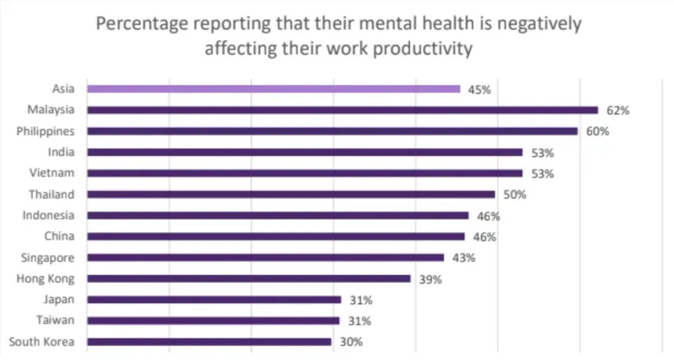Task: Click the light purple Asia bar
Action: coord(273,89)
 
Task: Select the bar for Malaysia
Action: coord(342,110)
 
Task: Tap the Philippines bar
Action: coord(332,131)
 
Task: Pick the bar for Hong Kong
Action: coord(249,279)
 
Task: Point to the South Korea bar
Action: coord(209,342)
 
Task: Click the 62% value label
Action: coord(618,111)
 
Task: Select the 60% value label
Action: coord(597,131)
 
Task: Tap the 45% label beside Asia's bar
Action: coord(479,89)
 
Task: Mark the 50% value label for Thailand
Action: coord(514,195)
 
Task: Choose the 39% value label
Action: coord(430,279)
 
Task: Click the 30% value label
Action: coord(351,343)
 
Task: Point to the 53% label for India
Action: coord(542,153)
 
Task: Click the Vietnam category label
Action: coord(52,173)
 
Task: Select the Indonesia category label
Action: coord(48,215)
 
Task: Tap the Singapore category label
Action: coord(47,257)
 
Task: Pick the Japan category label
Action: coord(59,299)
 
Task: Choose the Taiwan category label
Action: coord(55,320)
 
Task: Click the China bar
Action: coord(276,237)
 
